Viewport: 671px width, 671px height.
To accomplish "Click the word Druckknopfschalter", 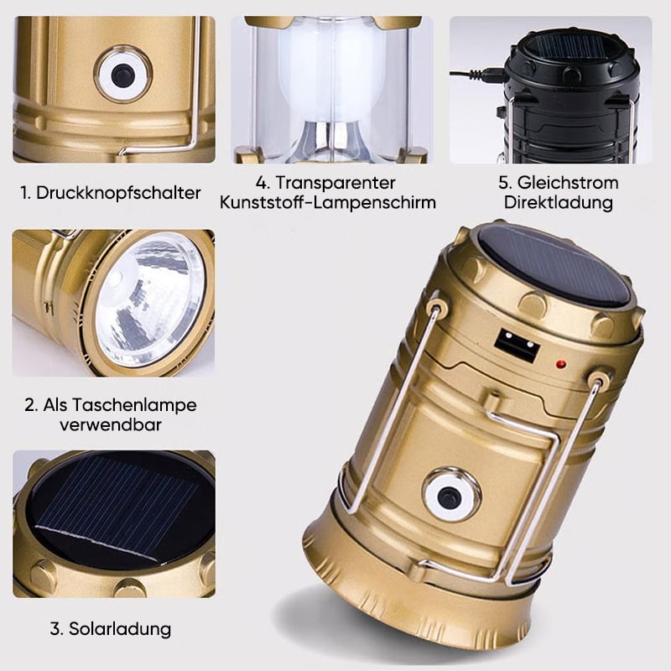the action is tap(118, 193).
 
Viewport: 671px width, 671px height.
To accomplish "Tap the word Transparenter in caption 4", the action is tap(335, 183).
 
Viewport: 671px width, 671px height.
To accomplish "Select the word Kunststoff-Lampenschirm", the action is tap(328, 202).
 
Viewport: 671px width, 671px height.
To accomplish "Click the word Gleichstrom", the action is tap(568, 183).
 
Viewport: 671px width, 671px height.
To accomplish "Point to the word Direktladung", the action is tap(559, 202).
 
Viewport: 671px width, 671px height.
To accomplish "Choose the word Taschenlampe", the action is tap(120, 405).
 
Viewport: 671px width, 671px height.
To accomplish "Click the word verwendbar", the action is tap(111, 424).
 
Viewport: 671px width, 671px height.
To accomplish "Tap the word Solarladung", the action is tap(120, 629).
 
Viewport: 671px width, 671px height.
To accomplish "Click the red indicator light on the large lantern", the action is tap(560, 365).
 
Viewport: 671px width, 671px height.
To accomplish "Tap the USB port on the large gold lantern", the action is tap(517, 345).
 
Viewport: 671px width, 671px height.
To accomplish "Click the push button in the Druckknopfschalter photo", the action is tap(122, 75).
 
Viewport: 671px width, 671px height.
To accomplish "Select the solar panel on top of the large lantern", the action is tap(554, 265).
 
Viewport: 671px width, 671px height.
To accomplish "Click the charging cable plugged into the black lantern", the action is tap(478, 75).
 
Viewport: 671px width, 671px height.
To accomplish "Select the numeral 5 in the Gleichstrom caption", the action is tap(505, 183).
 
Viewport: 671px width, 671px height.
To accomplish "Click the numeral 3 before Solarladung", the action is tap(56, 628).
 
